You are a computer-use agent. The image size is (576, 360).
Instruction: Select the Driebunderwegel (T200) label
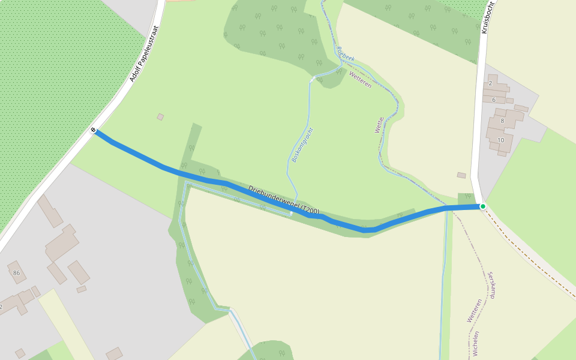284,200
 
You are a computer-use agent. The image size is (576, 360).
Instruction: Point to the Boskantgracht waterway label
302,145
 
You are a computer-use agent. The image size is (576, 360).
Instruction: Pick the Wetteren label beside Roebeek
360,79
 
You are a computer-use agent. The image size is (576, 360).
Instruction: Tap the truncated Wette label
379,125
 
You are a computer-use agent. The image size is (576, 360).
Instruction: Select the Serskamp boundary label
492,285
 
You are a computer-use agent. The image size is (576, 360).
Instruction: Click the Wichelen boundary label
476,343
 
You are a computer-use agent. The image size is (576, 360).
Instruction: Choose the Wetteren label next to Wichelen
474,311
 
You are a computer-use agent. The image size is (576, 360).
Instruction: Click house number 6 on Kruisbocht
494,100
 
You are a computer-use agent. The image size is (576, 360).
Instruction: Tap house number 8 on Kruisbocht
502,121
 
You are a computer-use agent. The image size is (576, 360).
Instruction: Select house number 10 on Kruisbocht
501,140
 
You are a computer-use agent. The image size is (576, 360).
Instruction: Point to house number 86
16,272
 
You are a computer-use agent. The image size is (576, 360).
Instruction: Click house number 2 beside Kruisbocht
490,83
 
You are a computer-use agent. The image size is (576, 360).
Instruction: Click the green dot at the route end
482,206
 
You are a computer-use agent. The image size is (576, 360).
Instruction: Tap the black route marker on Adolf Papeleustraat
94,130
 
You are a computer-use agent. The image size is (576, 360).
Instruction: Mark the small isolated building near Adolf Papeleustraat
160,117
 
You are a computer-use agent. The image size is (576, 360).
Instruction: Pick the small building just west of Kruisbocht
461,175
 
